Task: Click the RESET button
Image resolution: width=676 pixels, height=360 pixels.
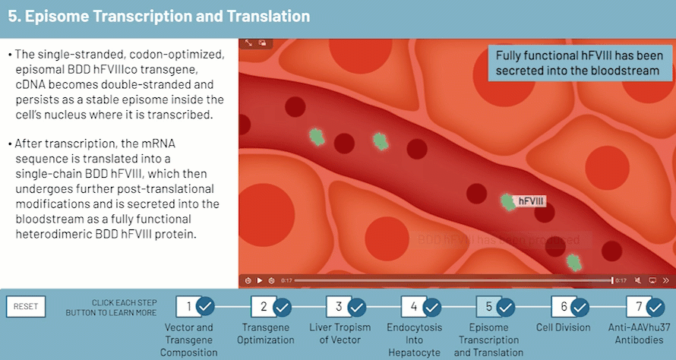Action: [x=25, y=306]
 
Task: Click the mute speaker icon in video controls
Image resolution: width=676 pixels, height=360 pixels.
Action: [x=637, y=280]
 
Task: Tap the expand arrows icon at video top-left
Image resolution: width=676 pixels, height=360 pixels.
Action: [x=248, y=44]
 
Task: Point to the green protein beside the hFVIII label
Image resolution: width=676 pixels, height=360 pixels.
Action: [x=507, y=201]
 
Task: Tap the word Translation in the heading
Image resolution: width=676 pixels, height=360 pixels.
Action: [x=266, y=16]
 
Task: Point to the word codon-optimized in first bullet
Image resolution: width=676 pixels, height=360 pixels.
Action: [x=178, y=55]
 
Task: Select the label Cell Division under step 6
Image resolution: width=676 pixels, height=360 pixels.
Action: [x=563, y=327]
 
